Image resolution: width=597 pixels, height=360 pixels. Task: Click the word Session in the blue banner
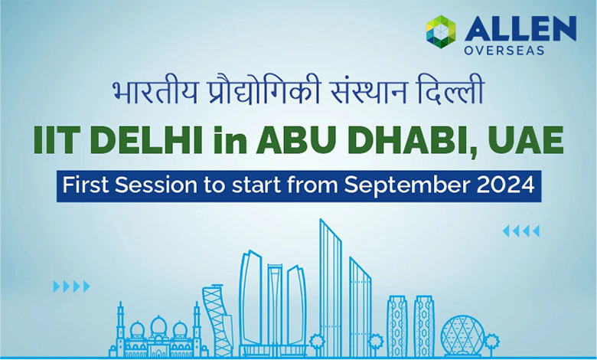(151, 186)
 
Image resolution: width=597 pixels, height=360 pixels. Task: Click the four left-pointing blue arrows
(521, 231)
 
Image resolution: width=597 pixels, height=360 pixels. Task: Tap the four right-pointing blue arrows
(71, 286)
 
